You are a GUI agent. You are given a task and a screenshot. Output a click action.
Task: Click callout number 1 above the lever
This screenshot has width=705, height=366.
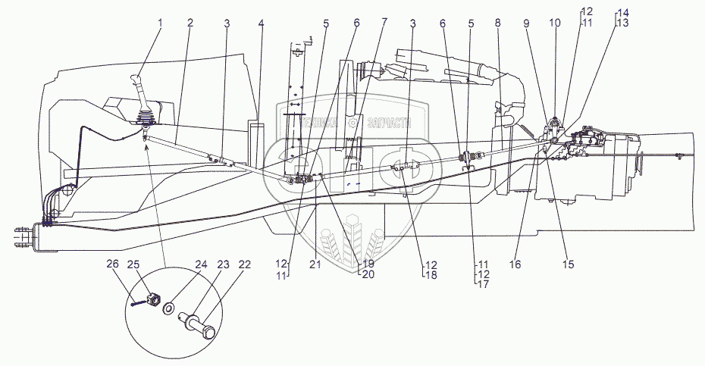(x=160, y=23)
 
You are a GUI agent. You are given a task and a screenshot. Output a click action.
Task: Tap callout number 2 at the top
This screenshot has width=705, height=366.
(x=191, y=23)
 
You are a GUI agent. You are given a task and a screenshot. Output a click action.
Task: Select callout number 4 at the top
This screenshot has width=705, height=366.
(x=261, y=23)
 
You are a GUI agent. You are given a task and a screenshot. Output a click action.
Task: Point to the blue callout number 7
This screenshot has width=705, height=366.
(x=384, y=23)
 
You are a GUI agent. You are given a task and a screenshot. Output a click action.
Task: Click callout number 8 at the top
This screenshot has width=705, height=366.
(x=497, y=23)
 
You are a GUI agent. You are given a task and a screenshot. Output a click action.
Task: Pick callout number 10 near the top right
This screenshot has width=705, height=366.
(x=555, y=23)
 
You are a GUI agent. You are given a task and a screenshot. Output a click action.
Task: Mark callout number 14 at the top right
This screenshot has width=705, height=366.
(x=623, y=13)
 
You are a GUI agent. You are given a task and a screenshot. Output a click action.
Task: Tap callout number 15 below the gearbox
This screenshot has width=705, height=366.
(x=569, y=264)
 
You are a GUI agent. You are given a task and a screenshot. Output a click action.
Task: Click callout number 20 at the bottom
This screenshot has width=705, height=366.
(x=369, y=274)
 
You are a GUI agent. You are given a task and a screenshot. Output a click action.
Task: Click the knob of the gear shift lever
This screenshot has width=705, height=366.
(x=137, y=81)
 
